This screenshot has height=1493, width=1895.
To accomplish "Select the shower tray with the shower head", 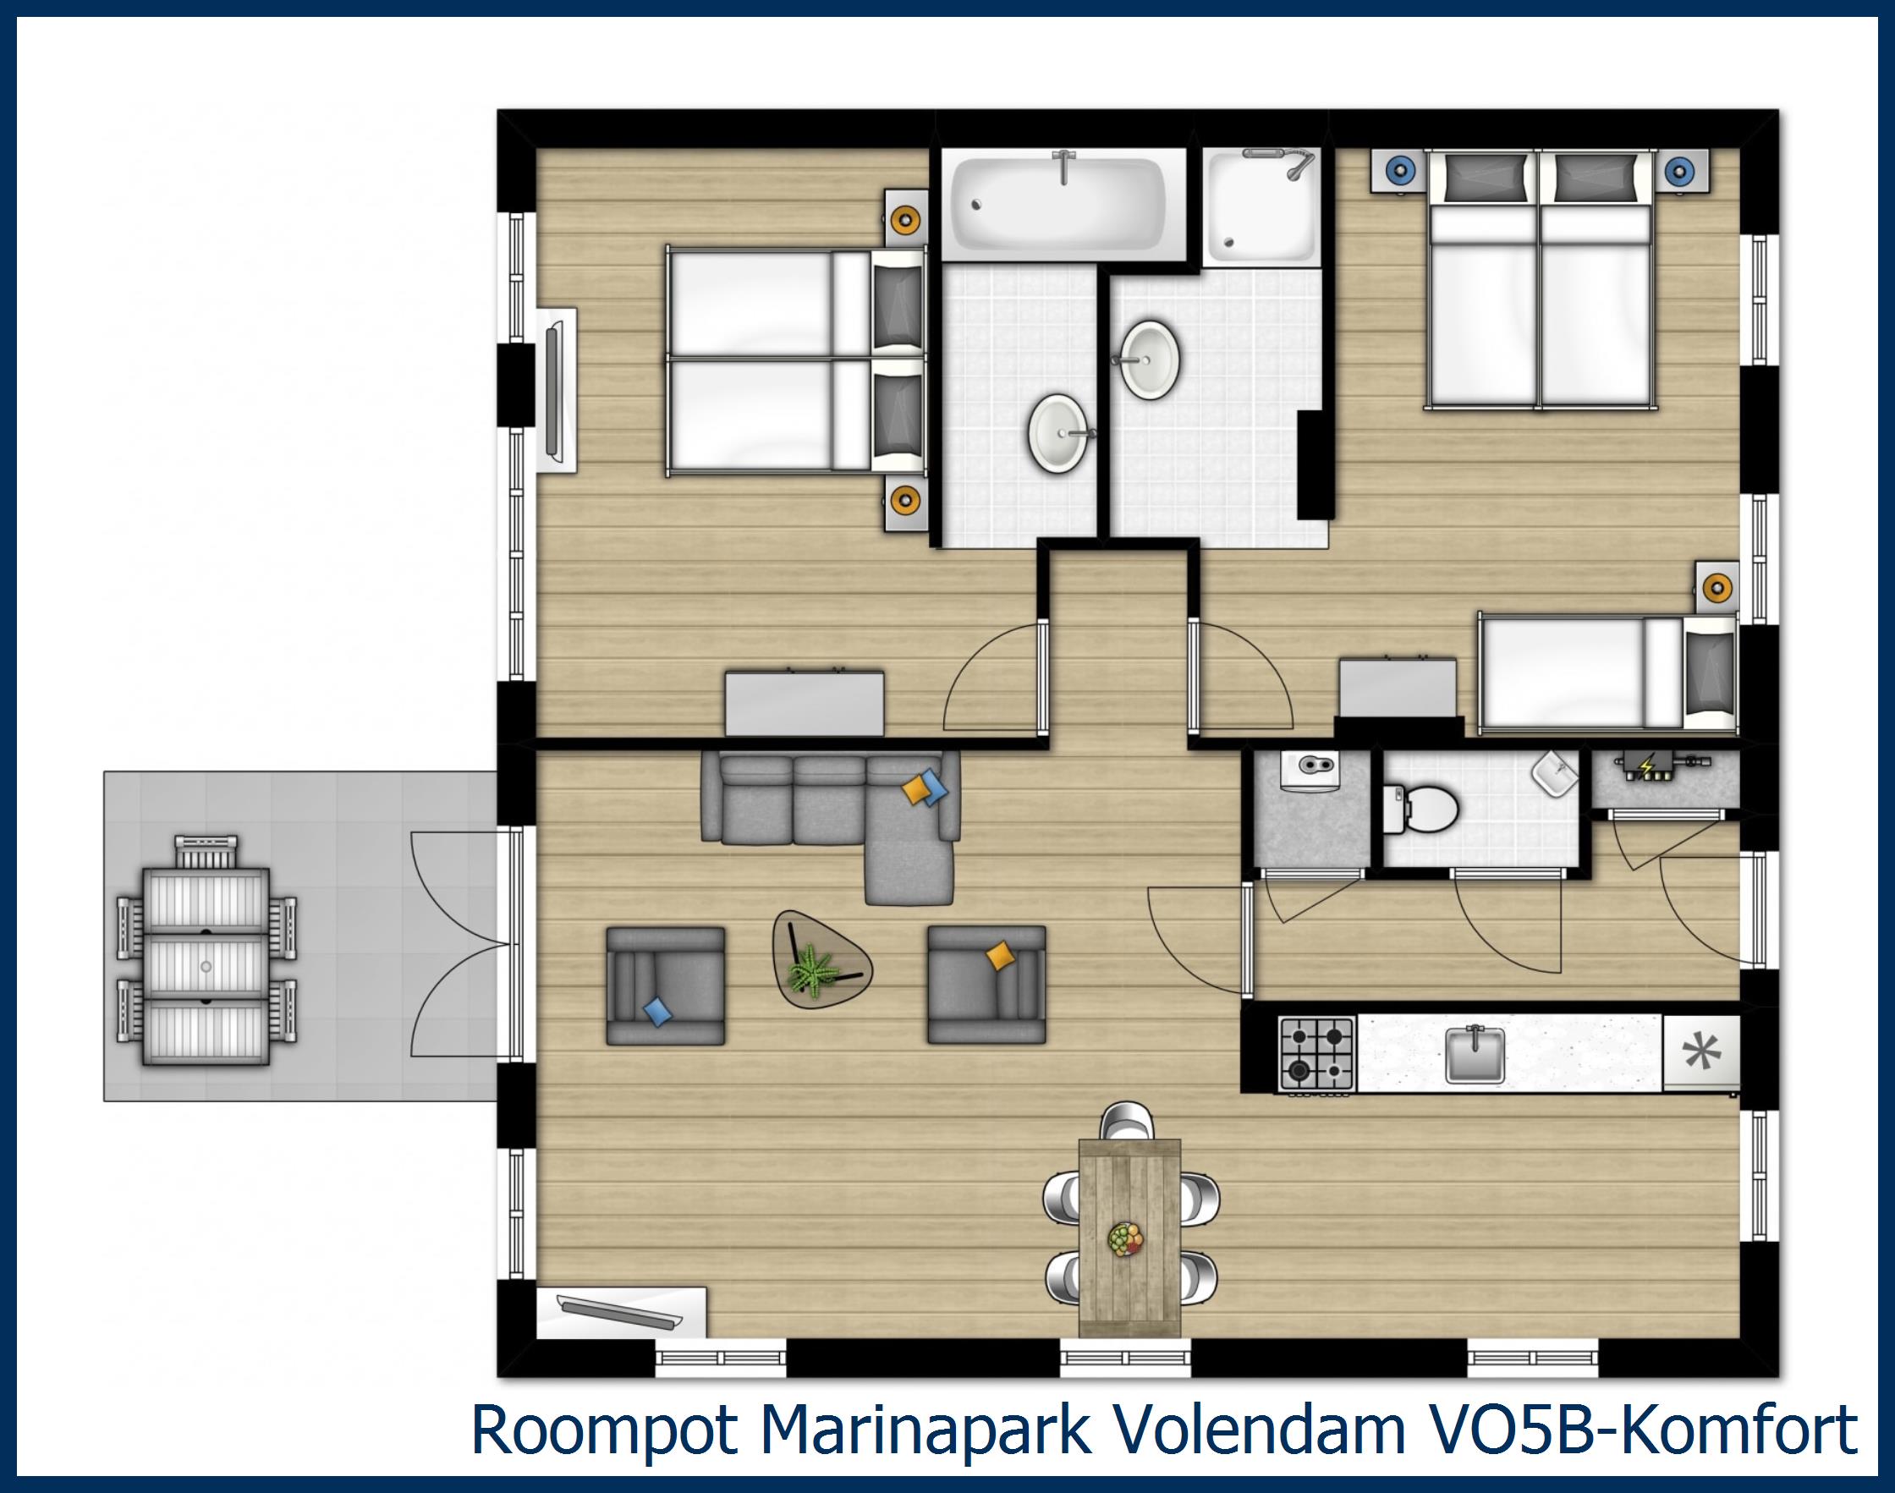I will tap(1261, 208).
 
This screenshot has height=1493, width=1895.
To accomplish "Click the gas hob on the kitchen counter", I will tap(1316, 1052).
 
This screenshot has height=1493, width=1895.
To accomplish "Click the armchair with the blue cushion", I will tap(666, 985).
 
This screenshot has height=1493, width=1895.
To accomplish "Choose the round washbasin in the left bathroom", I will tap(1057, 434).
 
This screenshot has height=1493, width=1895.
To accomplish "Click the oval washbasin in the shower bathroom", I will tap(1151, 360).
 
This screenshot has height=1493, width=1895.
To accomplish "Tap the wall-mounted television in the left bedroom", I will tap(555, 391).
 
